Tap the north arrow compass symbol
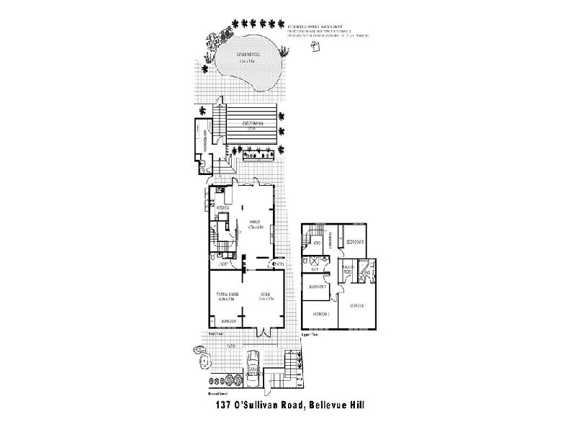click(x=315, y=48)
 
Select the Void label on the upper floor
click(x=318, y=245)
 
